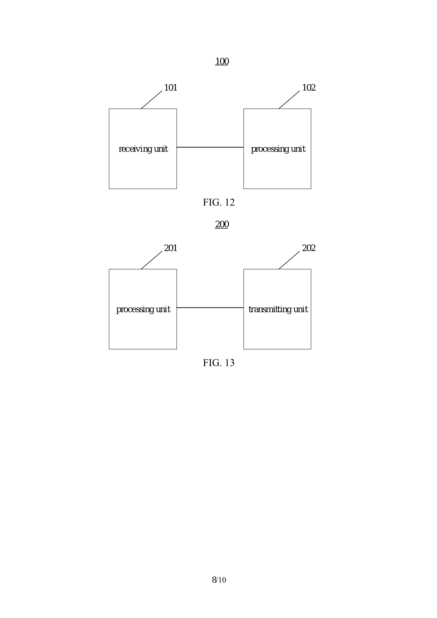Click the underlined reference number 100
(x=222, y=62)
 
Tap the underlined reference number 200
(x=222, y=225)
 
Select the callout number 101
(x=171, y=88)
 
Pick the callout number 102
(x=309, y=88)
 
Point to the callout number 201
(x=171, y=248)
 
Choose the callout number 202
(x=309, y=248)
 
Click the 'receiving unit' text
(x=143, y=149)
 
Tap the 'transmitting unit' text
(x=278, y=310)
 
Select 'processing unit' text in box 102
(x=278, y=149)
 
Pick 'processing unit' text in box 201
(x=143, y=310)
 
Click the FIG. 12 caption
(x=218, y=202)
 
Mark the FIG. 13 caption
(x=218, y=363)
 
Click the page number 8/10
(x=218, y=580)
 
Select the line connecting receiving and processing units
(x=210, y=147)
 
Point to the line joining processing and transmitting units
(x=210, y=308)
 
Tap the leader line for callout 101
(x=152, y=100)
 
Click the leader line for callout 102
(x=289, y=100)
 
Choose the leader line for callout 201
(x=152, y=260)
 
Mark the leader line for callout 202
(x=289, y=260)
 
